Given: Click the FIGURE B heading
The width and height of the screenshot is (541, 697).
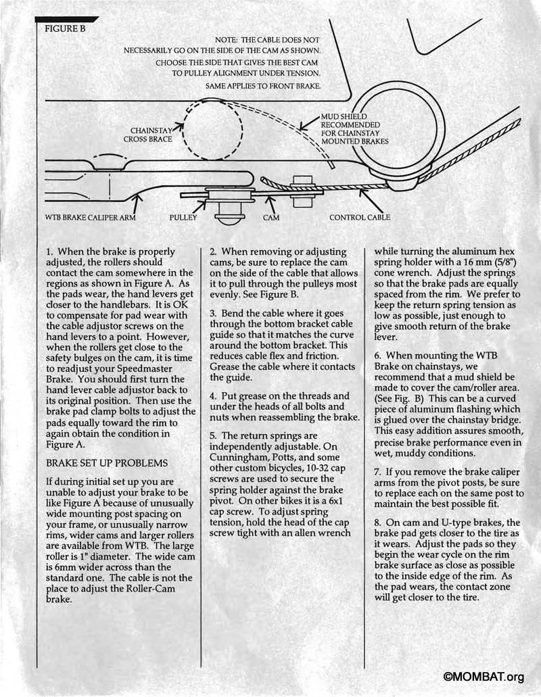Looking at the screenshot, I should point(65,29).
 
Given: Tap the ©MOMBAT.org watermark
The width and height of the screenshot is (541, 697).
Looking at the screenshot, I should point(484,677).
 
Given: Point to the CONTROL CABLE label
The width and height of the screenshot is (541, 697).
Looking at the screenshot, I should point(360,218).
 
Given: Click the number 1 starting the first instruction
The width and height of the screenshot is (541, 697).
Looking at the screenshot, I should point(47,251).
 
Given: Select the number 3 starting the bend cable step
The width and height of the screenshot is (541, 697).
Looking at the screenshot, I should point(212,314).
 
